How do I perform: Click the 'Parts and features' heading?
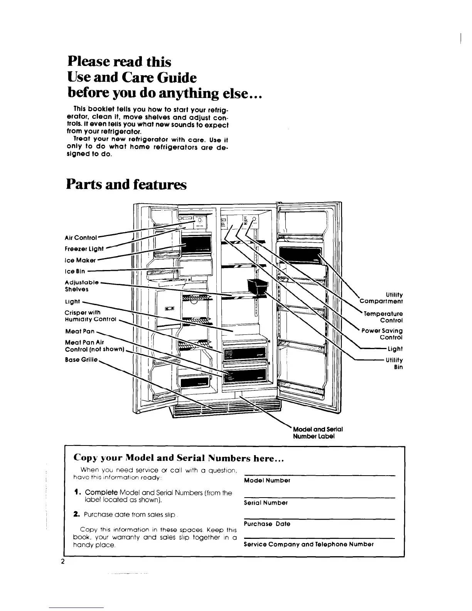coord(126,185)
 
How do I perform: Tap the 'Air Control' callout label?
coord(81,238)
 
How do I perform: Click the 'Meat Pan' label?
coord(80,331)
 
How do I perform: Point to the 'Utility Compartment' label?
coord(381,298)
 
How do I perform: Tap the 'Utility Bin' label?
coord(394,363)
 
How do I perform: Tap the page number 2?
coord(62,561)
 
